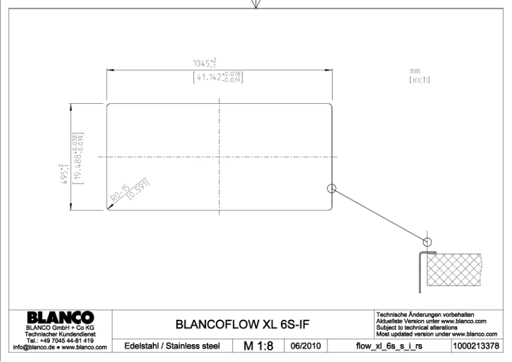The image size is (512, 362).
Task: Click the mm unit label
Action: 416,71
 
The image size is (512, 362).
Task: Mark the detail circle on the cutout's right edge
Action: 331,188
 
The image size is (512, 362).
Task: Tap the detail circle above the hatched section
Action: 427,242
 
